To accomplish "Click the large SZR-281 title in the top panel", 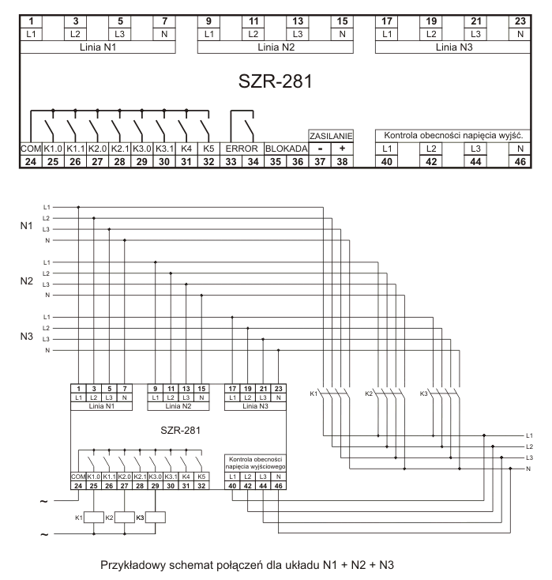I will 275,81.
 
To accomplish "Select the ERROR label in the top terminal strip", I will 242,149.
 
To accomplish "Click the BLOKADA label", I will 286,149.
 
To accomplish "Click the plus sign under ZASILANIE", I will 342,149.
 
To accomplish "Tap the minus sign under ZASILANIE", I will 319,149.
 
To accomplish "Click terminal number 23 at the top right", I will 520,21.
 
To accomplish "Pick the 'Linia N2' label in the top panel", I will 276,47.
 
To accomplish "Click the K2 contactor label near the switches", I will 368,393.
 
